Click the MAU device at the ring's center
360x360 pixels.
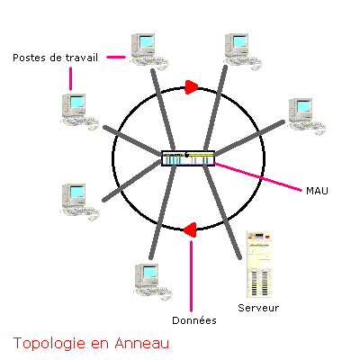(x=188, y=158)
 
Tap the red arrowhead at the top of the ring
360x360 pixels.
(x=192, y=87)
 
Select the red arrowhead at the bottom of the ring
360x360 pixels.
(x=190, y=230)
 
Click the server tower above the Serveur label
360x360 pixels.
(x=259, y=264)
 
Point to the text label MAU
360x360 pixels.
(x=317, y=191)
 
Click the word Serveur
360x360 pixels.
(x=258, y=308)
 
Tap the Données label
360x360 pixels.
(x=194, y=320)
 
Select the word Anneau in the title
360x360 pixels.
(x=142, y=343)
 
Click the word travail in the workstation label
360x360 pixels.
(x=81, y=58)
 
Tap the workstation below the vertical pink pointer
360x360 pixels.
(x=80, y=112)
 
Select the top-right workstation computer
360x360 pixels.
(x=243, y=51)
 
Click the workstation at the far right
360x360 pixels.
(x=307, y=116)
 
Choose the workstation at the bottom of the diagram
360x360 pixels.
(x=153, y=282)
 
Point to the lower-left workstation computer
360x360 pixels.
(x=80, y=202)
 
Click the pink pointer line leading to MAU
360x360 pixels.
(x=258, y=177)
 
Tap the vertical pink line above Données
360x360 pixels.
(x=191, y=276)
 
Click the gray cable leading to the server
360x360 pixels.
(x=222, y=211)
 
